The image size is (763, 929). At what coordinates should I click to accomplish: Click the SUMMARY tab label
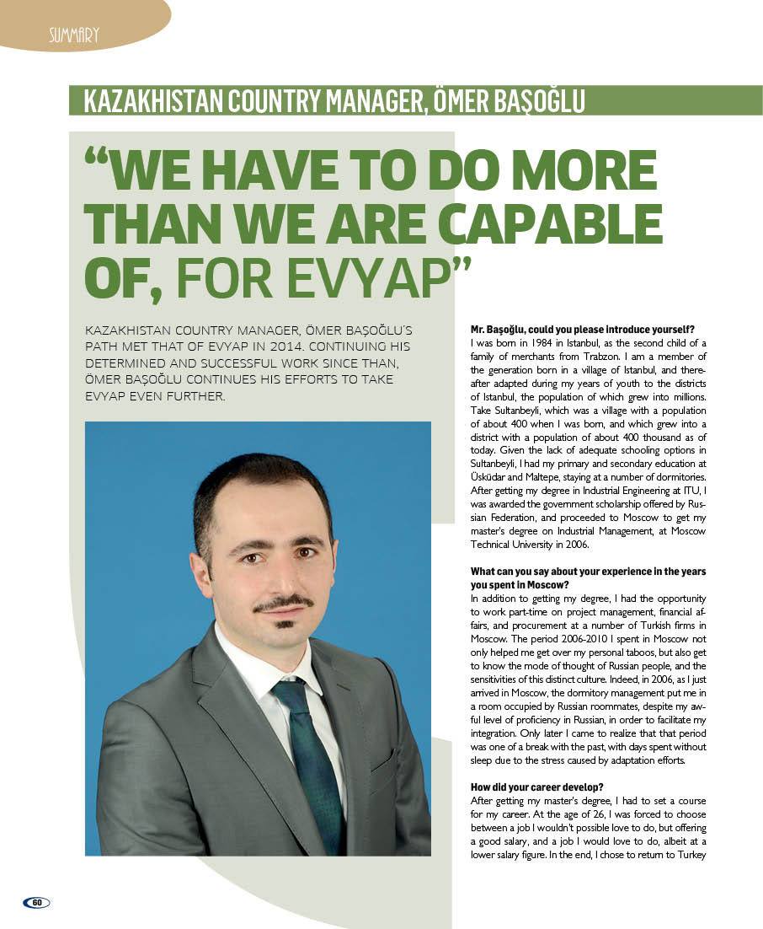click(x=73, y=35)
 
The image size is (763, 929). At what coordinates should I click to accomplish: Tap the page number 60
click(x=37, y=902)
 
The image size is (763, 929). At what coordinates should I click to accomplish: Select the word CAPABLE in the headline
click(x=552, y=223)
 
